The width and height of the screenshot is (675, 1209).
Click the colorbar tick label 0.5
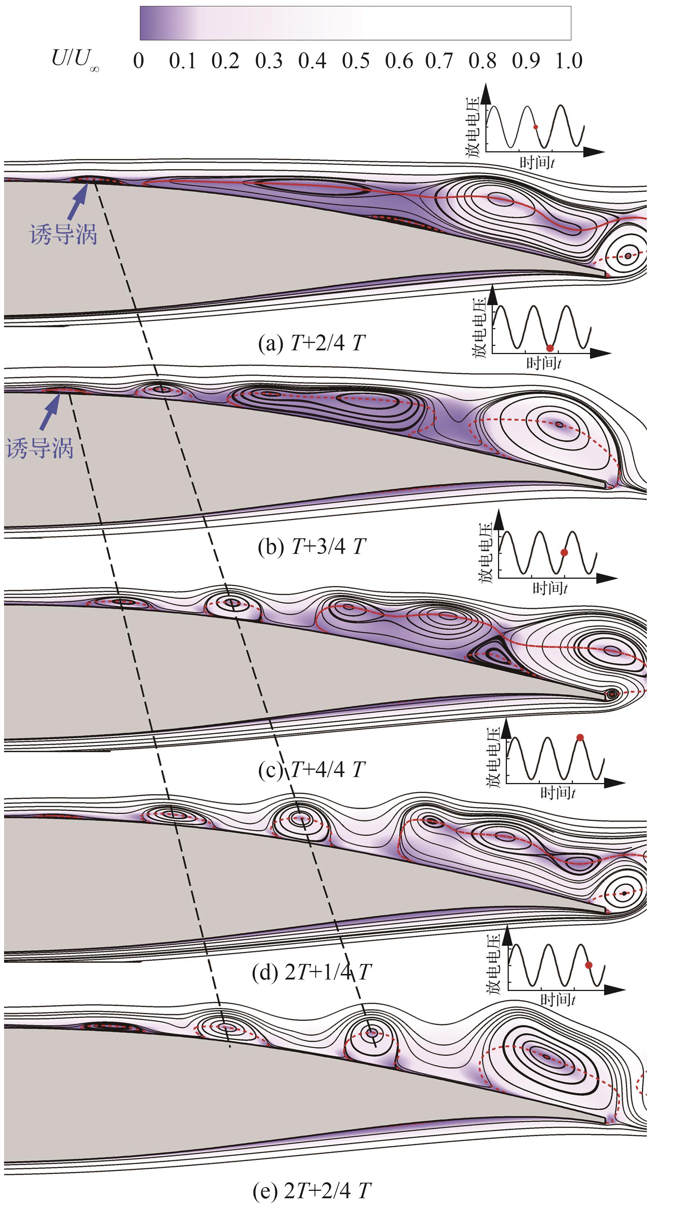(355, 61)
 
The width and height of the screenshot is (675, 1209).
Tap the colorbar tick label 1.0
(569, 61)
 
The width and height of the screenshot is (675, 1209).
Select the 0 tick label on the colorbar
(138, 61)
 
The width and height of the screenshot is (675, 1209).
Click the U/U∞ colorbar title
(75, 60)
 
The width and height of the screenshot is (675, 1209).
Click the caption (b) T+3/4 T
(311, 547)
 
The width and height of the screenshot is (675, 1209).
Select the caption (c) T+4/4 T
(311, 770)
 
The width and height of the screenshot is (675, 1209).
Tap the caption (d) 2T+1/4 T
(311, 972)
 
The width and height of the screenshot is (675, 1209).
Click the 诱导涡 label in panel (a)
(63, 234)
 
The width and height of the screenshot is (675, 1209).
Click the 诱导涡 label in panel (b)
(40, 448)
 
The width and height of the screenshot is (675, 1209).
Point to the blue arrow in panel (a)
(78, 202)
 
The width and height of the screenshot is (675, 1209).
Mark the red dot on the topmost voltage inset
(535, 127)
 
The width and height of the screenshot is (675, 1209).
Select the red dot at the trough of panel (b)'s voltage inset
(550, 348)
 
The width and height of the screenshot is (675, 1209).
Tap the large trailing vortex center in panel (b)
(558, 424)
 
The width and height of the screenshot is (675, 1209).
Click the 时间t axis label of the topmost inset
(537, 163)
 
